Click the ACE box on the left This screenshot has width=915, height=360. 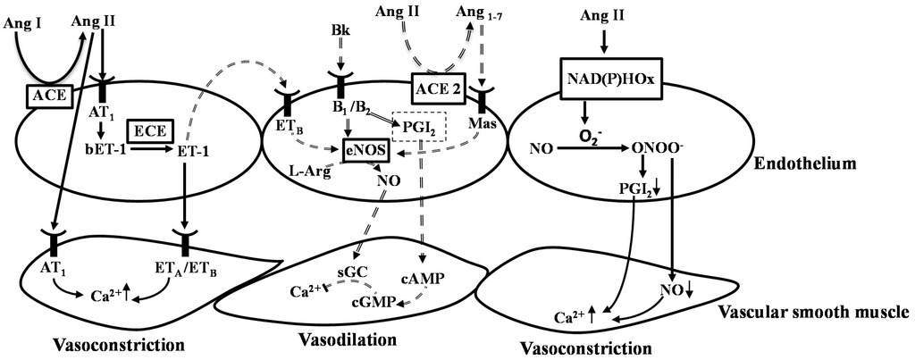43,94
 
